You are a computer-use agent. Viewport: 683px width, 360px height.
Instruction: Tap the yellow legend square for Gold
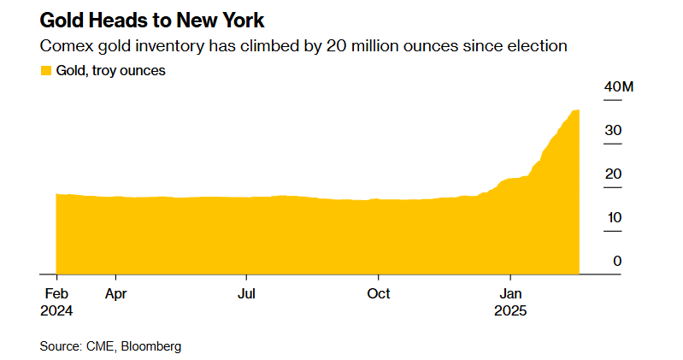[45, 71]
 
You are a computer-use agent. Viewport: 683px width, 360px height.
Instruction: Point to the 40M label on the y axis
[618, 88]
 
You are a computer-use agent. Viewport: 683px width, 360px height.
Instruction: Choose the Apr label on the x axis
[115, 294]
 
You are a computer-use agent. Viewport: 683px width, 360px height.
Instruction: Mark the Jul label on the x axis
[246, 294]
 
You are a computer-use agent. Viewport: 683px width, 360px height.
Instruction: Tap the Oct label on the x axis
[379, 294]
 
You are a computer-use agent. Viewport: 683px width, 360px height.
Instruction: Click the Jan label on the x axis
[510, 294]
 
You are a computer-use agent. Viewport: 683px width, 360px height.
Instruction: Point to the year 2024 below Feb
[56, 311]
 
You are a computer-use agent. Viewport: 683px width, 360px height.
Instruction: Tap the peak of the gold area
[577, 111]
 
